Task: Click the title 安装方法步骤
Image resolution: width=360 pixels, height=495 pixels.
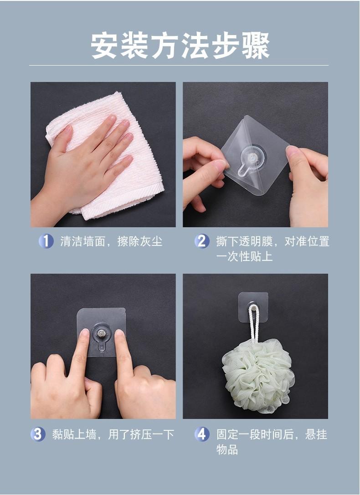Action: [180, 46]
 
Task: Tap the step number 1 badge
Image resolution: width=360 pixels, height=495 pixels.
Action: [46, 241]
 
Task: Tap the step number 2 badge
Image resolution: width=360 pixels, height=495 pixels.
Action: [202, 241]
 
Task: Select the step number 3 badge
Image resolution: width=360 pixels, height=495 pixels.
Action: [38, 434]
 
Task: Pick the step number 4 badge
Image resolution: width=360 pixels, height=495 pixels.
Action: [202, 434]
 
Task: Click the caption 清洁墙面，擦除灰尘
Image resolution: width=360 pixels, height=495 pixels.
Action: [111, 241]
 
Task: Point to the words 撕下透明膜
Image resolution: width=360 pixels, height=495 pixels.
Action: [244, 241]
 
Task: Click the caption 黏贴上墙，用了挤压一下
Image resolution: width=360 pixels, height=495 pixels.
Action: [113, 434]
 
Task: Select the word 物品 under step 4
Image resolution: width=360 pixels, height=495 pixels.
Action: [227, 449]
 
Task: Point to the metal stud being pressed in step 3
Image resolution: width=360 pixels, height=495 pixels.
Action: [101, 333]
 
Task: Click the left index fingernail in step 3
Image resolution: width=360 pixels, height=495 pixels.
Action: [85, 332]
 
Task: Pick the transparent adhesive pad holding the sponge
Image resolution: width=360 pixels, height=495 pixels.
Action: [253, 307]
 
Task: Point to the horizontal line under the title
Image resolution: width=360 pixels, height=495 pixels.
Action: [179, 66]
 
